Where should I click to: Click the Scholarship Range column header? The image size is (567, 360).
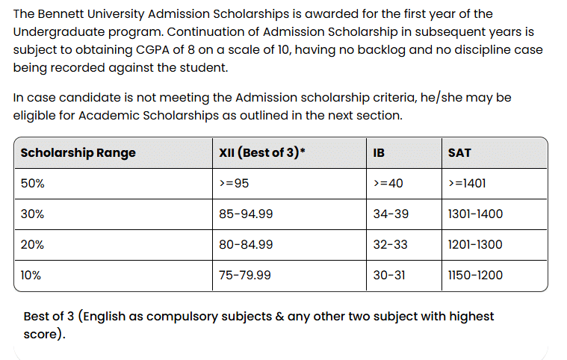[x=78, y=153]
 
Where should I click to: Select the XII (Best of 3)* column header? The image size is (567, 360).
[x=262, y=153]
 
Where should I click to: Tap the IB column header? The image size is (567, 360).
[x=379, y=153]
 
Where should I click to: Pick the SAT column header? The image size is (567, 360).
[x=459, y=153]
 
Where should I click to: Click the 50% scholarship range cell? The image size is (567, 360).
[x=32, y=184]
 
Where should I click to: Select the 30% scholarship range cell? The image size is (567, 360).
[x=32, y=214]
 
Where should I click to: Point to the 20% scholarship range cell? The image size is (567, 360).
[x=32, y=245]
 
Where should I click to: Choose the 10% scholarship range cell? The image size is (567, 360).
[x=31, y=276]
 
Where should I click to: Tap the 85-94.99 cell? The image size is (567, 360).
[x=246, y=214]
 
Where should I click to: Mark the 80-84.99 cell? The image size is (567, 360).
[x=246, y=245]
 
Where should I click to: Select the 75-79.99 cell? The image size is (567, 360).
[x=245, y=276]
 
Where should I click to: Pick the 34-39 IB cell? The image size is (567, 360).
[x=391, y=214]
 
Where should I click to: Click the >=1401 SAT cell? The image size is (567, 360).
[x=467, y=184]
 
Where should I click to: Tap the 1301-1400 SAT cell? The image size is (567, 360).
[x=475, y=214]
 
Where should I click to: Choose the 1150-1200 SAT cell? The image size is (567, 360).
[x=475, y=276]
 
